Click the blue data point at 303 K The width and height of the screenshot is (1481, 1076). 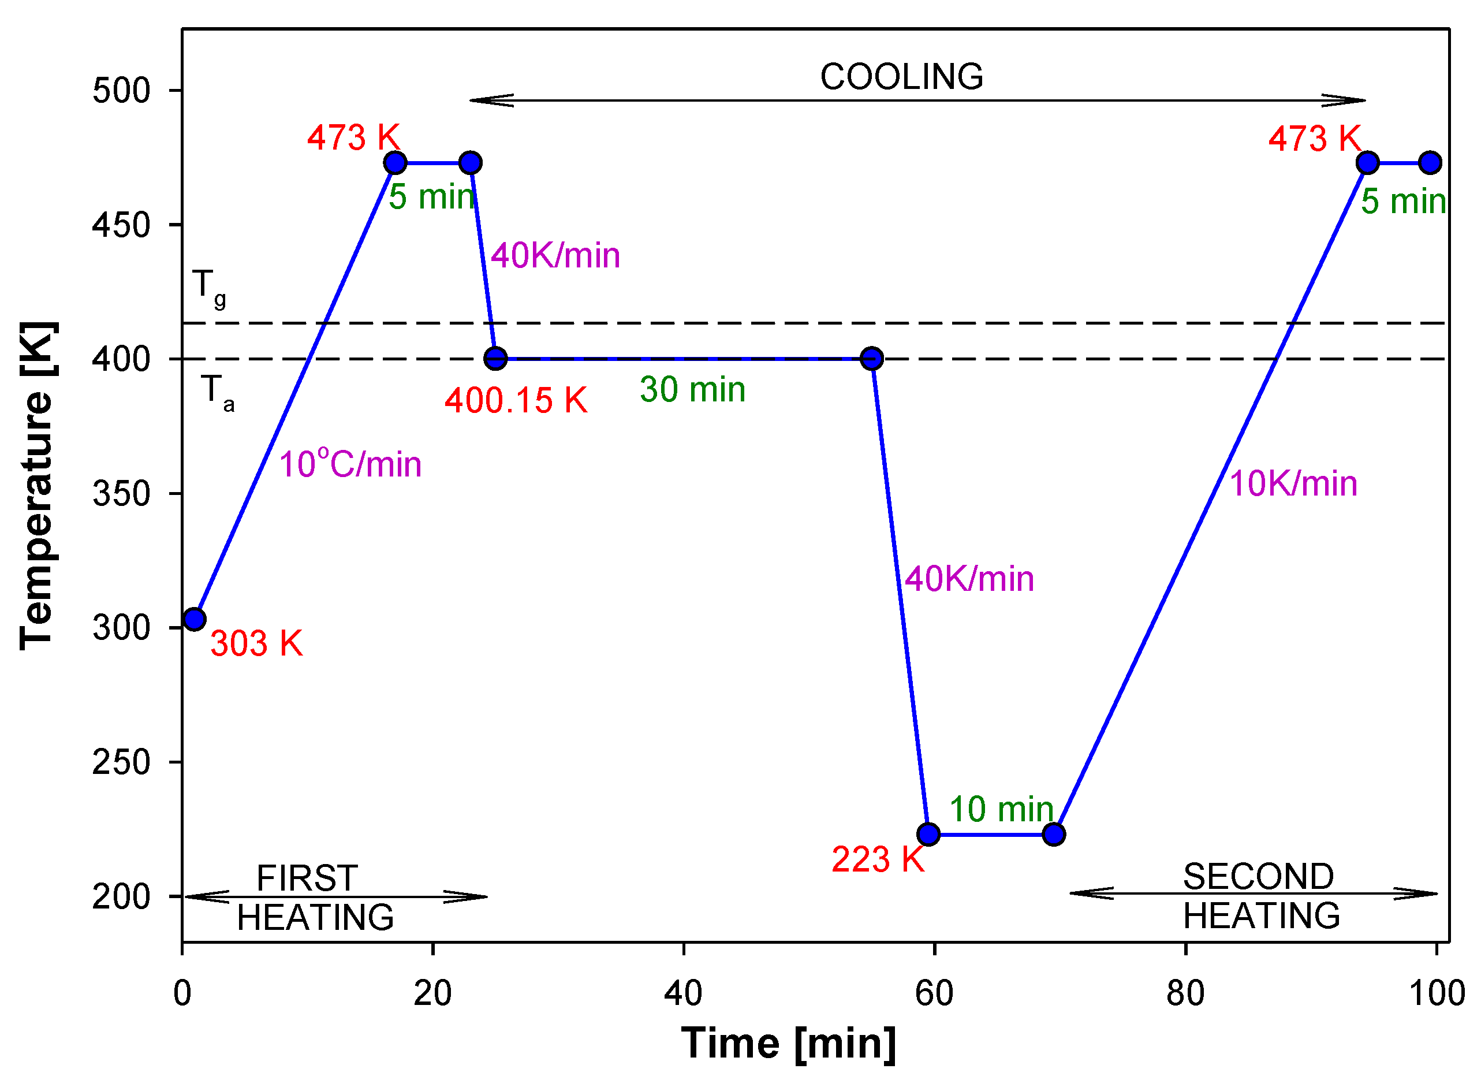tap(195, 619)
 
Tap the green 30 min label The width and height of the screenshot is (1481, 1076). tap(692, 390)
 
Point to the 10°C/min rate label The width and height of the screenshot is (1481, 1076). tap(350, 464)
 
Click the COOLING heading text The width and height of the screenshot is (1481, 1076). tap(901, 77)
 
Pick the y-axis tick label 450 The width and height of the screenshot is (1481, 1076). tap(121, 225)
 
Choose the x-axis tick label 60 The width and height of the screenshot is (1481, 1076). tap(934, 993)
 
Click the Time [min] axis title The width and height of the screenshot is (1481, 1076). tap(788, 1043)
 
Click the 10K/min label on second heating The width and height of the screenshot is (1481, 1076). tap(1293, 484)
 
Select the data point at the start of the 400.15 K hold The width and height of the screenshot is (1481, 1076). tap(495, 359)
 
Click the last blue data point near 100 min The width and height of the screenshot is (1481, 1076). tap(1430, 163)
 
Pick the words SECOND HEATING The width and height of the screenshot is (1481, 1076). tap(1260, 896)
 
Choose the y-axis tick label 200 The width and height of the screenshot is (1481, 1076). tap(121, 897)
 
